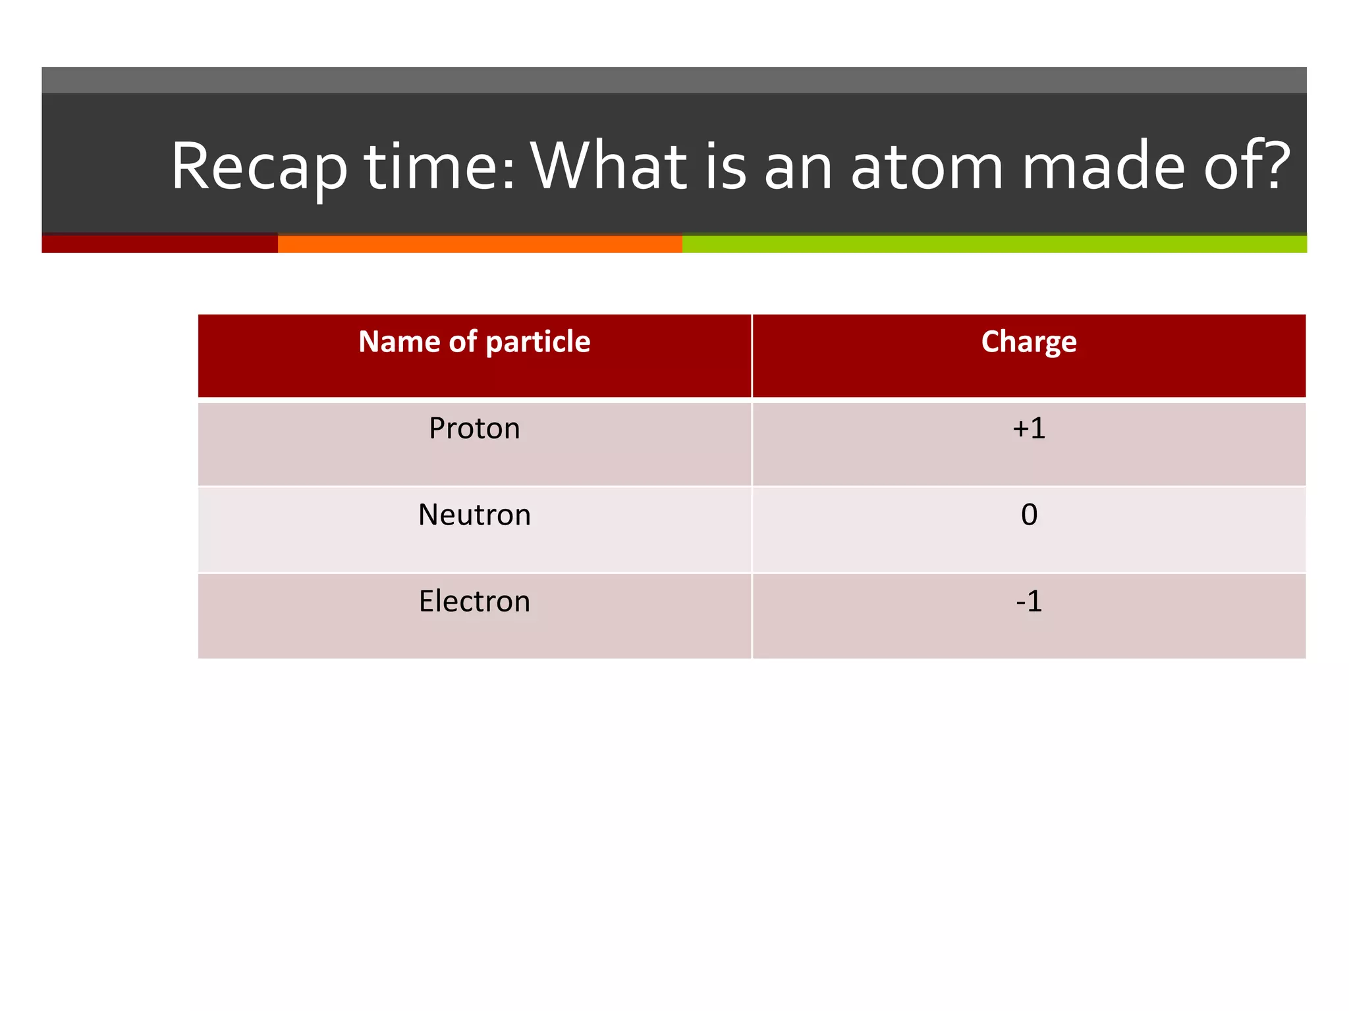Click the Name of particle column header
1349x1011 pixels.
(x=474, y=342)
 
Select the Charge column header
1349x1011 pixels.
(x=1029, y=342)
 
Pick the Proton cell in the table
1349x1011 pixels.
(x=474, y=428)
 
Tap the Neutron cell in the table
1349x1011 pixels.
(x=474, y=515)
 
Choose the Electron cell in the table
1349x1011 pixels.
(x=474, y=602)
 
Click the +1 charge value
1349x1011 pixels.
(x=1029, y=428)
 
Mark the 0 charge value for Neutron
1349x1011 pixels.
(x=1029, y=515)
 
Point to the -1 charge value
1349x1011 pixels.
(x=1029, y=602)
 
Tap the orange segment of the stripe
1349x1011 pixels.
(x=480, y=244)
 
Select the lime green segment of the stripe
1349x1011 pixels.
(x=995, y=244)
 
